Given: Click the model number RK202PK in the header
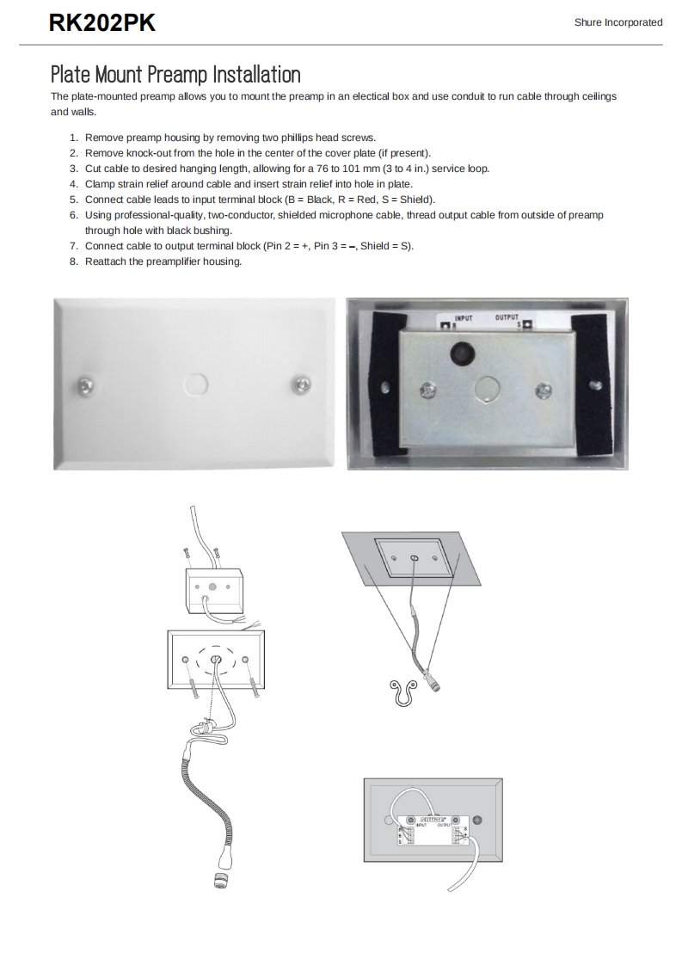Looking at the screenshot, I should click(x=102, y=23).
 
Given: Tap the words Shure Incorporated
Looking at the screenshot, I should click(x=618, y=22).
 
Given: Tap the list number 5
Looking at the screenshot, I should click(x=73, y=199).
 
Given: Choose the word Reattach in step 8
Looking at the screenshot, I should click(x=105, y=261).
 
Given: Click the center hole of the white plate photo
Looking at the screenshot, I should click(x=194, y=383).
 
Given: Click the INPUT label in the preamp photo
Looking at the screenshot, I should click(x=463, y=317).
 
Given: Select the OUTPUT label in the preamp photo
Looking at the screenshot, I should click(x=507, y=317).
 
